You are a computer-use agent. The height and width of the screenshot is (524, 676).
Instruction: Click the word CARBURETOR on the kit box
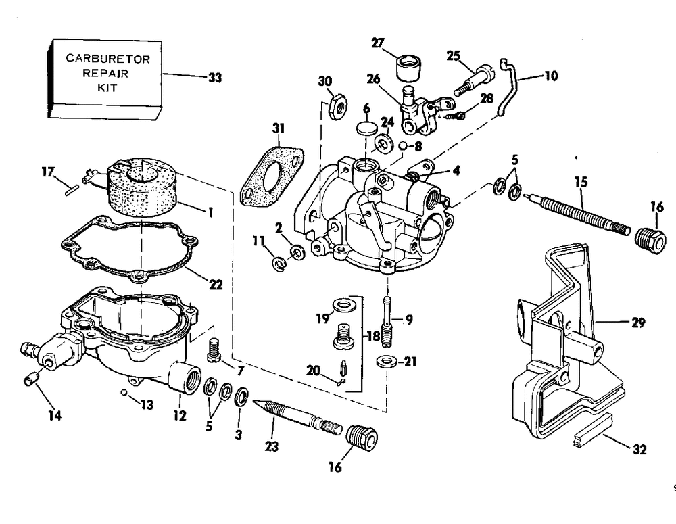(107, 59)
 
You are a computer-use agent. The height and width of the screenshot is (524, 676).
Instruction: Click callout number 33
(215, 78)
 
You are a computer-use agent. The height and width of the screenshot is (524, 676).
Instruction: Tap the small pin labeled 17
(71, 190)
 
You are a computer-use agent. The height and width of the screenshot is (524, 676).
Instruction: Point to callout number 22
(216, 285)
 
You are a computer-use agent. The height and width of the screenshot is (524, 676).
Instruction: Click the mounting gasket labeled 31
(272, 176)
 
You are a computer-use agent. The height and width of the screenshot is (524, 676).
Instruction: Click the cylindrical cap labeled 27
(408, 68)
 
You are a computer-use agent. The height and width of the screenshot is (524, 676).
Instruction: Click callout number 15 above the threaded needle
(581, 182)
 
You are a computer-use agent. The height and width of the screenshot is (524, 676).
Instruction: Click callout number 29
(638, 322)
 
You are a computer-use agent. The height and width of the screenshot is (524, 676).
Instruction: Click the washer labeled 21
(386, 361)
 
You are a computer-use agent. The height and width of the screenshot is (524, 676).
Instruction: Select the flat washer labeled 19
(344, 306)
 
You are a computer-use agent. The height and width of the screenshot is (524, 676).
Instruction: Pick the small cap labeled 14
(32, 379)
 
